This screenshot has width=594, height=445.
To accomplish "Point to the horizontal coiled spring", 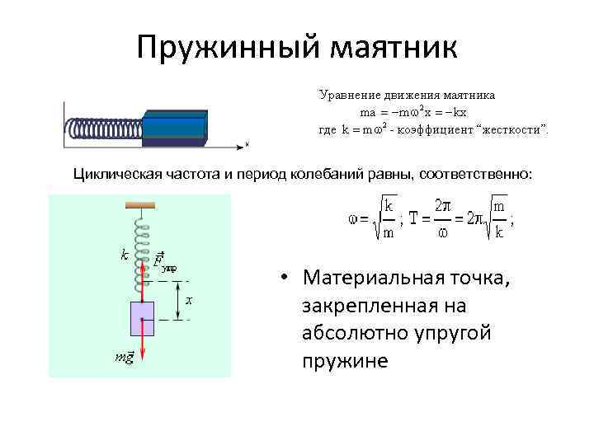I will pyautogui.click(x=104, y=129).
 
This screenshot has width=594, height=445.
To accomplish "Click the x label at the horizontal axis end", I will pyautogui.click(x=246, y=144).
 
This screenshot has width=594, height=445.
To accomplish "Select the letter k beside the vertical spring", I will pyautogui.click(x=124, y=255).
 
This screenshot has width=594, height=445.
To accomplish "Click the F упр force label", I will pyautogui.click(x=165, y=262).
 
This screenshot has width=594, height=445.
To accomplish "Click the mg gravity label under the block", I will pyautogui.click(x=124, y=356).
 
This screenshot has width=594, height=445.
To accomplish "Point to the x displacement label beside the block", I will pyautogui.click(x=189, y=301).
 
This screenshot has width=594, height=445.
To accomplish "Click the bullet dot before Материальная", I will pyautogui.click(x=282, y=278).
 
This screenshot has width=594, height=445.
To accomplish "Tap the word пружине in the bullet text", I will pyautogui.click(x=345, y=361).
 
